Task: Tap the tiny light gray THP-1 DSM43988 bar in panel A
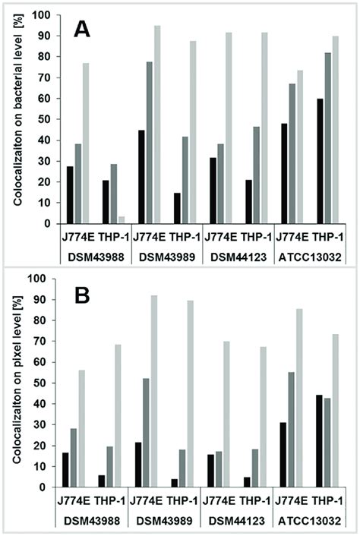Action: tap(121, 220)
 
